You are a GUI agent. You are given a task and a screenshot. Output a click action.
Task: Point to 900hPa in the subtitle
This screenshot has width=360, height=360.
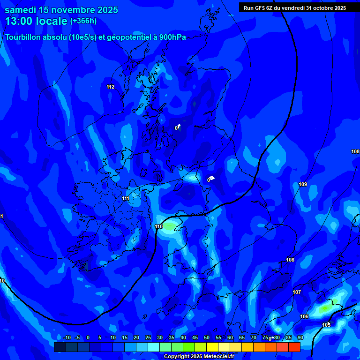(172, 37)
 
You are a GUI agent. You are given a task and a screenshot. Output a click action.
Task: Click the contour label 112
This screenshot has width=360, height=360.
(111, 87)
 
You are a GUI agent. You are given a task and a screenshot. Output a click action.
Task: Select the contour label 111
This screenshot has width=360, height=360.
(126, 198)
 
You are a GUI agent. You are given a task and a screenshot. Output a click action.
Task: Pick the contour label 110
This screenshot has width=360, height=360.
(159, 226)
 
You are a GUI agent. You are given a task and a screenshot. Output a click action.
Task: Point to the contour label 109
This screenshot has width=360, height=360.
(303, 184)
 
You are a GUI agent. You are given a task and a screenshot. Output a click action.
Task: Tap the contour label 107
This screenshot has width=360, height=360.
(297, 292)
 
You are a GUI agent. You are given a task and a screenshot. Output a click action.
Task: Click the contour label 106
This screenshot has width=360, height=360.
(304, 316)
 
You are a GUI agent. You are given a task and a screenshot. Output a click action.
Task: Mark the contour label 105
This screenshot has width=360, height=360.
(326, 325)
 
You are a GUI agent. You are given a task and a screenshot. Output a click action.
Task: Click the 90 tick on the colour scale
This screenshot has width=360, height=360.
(300, 337)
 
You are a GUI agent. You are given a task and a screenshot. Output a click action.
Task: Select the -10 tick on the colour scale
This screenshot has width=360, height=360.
(67, 337)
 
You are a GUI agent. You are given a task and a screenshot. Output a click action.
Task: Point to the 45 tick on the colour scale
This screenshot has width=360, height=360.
(195, 337)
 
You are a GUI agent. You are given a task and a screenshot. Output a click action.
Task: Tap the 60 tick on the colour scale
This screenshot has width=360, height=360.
(230, 337)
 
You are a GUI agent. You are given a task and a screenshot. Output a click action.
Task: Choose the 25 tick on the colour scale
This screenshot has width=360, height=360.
(148, 337)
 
